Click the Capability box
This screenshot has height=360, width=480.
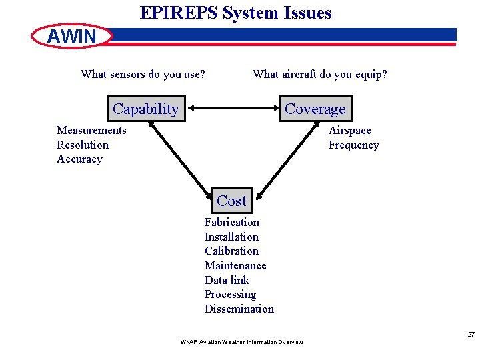[146, 109]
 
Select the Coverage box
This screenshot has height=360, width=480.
[315, 109]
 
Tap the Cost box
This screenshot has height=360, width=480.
[231, 201]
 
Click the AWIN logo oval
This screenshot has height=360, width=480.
[72, 36]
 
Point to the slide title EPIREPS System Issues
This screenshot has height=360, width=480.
[235, 13]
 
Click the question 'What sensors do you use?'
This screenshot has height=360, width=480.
[143, 74]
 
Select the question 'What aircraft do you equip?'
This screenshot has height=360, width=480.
[319, 74]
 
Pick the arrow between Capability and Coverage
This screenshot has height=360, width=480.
[232, 109]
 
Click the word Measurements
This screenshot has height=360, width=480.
[91, 131]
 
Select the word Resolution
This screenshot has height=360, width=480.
[83, 145]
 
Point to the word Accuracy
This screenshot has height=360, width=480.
[80, 159]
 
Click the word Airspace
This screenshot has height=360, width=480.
[349, 131]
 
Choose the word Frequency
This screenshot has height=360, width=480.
[353, 145]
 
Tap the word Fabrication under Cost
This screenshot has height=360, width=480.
[231, 222]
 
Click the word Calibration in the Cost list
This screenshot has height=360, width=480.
[231, 251]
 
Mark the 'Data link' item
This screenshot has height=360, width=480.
[227, 280]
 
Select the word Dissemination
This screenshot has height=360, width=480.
[239, 309]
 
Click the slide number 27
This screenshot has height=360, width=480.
[471, 334]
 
